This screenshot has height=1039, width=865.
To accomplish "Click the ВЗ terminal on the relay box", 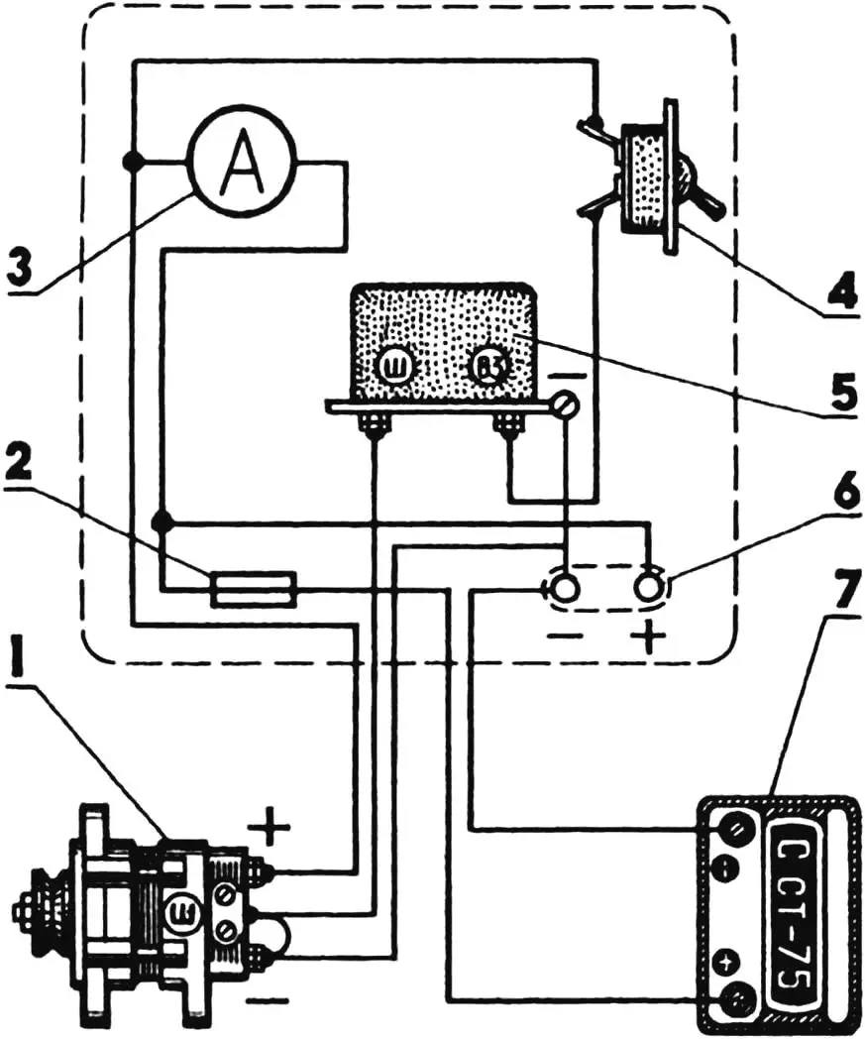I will click(x=487, y=369).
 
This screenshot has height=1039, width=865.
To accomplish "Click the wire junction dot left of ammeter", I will click(x=132, y=162).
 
